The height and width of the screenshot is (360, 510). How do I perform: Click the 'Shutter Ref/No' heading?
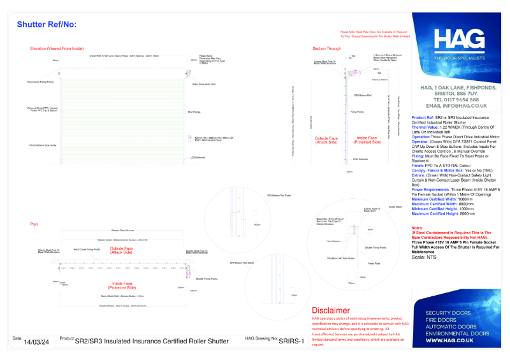46,24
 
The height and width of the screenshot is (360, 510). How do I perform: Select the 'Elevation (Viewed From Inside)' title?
57,48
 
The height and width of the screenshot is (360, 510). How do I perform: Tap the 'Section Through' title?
326,48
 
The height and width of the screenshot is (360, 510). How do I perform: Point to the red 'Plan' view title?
34,224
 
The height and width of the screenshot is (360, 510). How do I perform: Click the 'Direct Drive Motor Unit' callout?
204,83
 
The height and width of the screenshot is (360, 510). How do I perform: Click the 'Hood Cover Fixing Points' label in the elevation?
40,82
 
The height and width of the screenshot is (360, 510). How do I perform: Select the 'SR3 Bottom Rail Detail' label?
279,196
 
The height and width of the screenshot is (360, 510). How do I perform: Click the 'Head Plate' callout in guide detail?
374,263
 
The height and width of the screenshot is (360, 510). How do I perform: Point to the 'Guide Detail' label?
395,207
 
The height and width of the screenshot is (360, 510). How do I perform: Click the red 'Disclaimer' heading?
331,310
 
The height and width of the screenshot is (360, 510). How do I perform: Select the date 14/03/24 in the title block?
36,342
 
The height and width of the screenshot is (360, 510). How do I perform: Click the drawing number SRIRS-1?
295,342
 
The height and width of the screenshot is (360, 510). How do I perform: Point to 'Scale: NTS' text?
425,257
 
